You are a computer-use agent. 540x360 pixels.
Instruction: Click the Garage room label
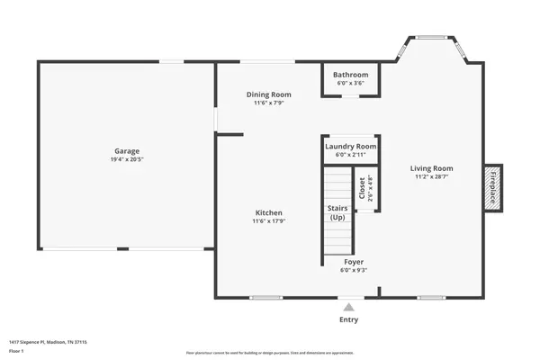click(126, 151)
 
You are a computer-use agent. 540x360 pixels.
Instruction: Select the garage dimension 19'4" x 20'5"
click(126, 159)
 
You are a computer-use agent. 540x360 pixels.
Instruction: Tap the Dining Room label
click(269, 94)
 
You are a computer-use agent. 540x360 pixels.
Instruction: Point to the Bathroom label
click(350, 75)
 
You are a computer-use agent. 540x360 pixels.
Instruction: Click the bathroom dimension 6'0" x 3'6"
click(350, 83)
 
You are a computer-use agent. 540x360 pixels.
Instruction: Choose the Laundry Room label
click(350, 146)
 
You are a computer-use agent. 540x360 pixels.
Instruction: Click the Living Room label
click(432, 168)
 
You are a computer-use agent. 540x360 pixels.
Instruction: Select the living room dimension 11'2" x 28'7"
click(432, 176)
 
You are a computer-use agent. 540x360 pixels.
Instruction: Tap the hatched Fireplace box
click(493, 188)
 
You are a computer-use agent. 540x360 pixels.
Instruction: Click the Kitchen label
click(269, 213)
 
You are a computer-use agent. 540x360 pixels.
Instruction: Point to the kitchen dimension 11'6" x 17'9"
click(269, 221)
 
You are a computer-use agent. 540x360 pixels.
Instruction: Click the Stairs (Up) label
click(337, 213)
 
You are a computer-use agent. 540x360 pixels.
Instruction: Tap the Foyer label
click(352, 262)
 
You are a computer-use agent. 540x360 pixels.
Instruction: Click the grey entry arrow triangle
click(348, 307)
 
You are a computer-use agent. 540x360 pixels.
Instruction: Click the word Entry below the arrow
click(348, 319)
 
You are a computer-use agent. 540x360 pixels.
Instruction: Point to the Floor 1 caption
click(17, 350)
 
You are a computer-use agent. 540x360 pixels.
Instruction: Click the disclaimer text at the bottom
click(270, 352)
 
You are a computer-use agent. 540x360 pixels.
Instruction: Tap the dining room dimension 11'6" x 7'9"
click(269, 103)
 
